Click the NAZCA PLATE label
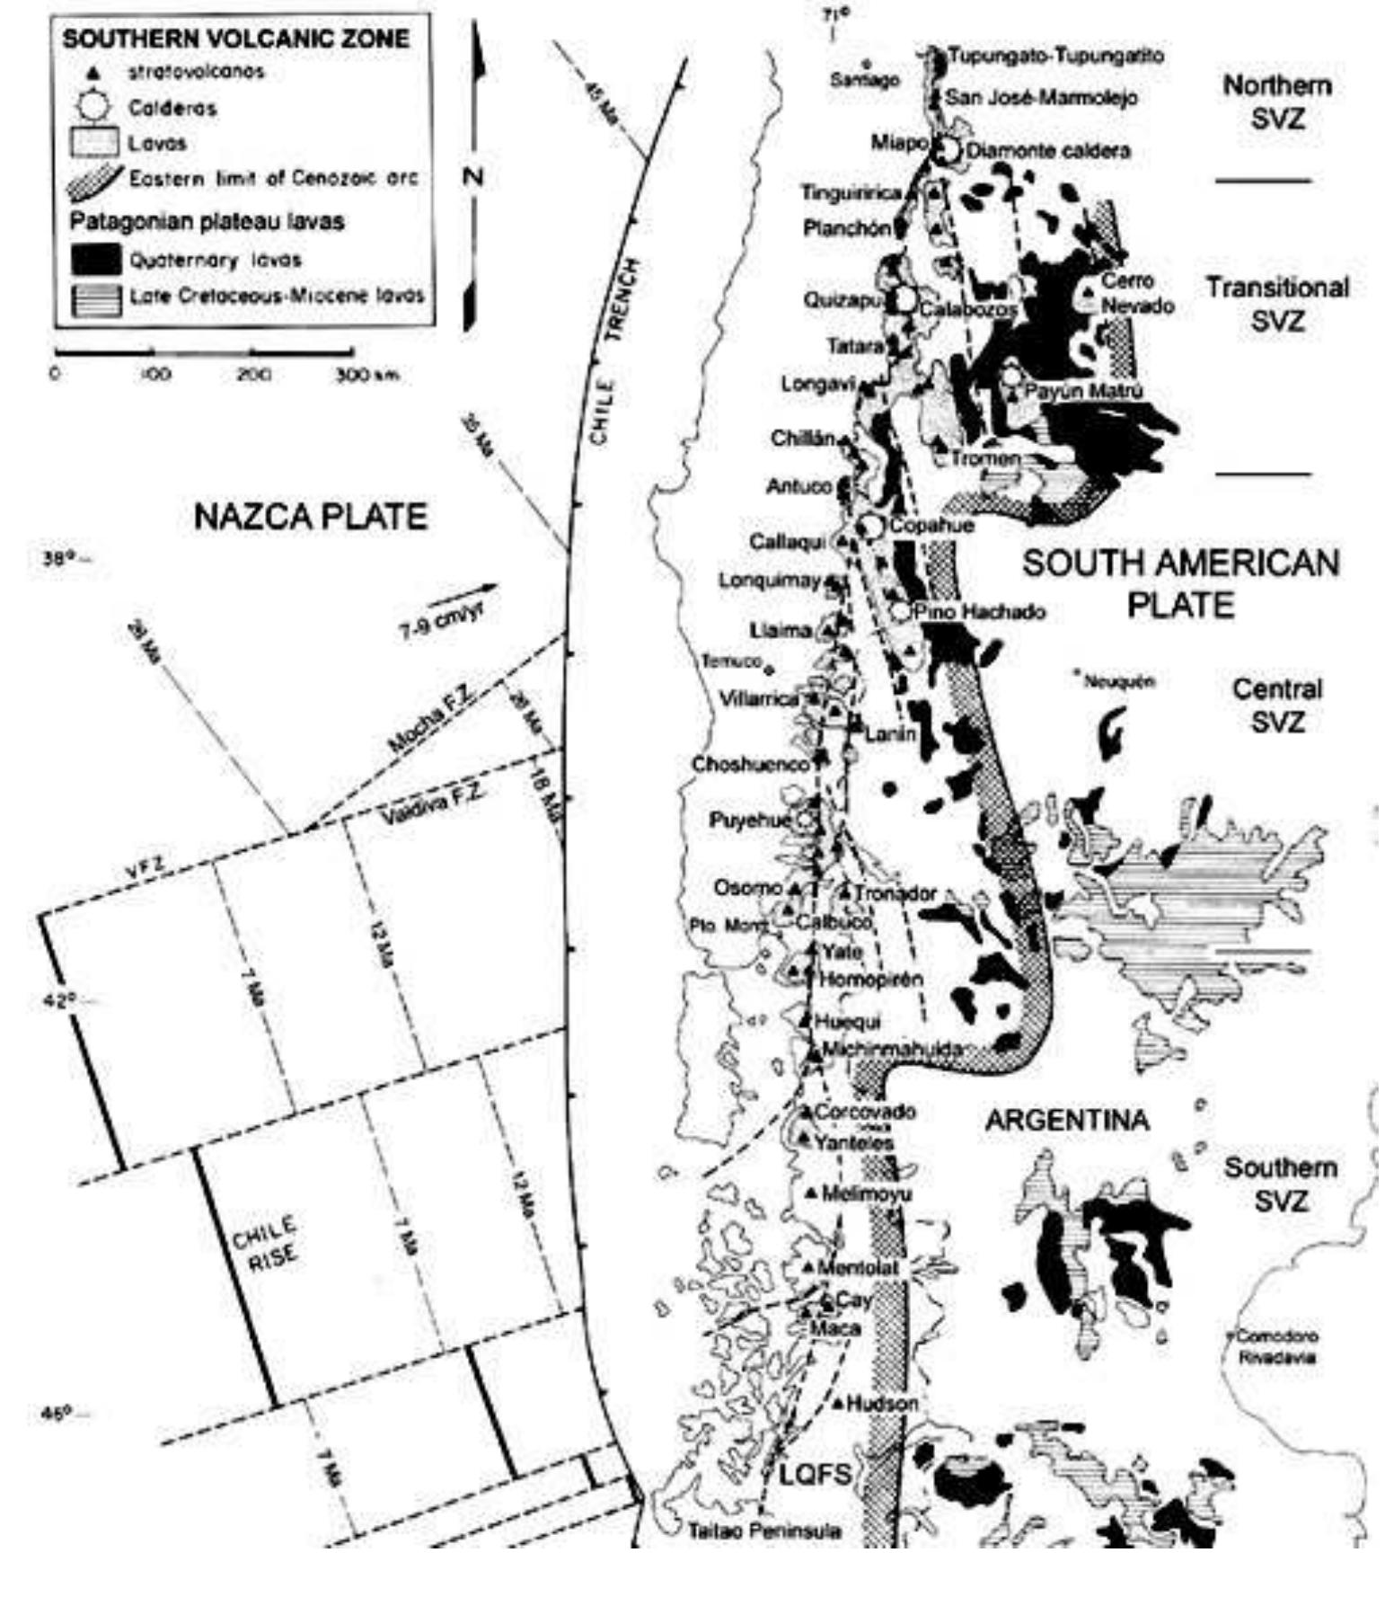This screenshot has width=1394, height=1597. click(x=310, y=517)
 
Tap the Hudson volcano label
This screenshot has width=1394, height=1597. click(x=882, y=1403)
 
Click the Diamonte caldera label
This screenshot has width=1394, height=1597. click(x=1047, y=150)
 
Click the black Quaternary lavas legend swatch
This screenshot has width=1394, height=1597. click(x=96, y=260)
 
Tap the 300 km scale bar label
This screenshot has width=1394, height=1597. click(x=366, y=375)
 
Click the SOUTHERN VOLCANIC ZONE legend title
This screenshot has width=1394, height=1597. click(x=236, y=39)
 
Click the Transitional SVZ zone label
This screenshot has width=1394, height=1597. click(x=1276, y=304)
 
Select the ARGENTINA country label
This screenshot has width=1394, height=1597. click(x=1067, y=1121)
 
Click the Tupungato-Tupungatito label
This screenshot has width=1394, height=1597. click(x=1055, y=56)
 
